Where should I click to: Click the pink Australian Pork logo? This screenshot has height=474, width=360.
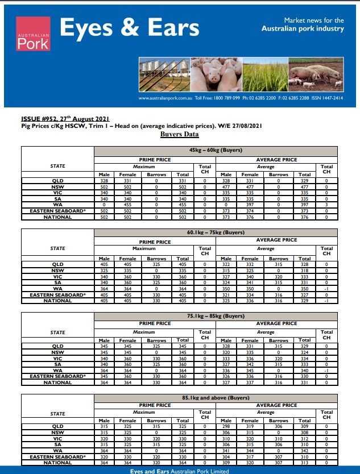(x=33, y=34)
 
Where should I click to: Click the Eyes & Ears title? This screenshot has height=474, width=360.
(x=129, y=28)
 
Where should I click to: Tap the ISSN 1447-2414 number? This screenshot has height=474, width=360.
(x=329, y=98)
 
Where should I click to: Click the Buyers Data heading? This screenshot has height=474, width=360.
(x=180, y=134)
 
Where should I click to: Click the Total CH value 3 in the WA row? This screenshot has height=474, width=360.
(x=326, y=205)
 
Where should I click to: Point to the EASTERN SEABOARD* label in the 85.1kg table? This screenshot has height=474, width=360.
(x=57, y=456)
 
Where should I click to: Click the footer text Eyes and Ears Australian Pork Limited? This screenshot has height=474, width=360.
(x=180, y=470)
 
